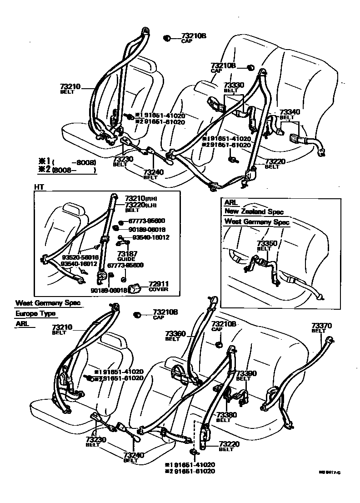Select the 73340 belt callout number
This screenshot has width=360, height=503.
pyautogui.click(x=289, y=111)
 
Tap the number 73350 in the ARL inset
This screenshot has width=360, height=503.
pyautogui.click(x=266, y=243)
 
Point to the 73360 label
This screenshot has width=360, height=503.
pyautogui.click(x=176, y=333)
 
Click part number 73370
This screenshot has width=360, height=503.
pyautogui.click(x=322, y=325)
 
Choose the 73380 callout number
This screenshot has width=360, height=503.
pyautogui.click(x=226, y=415)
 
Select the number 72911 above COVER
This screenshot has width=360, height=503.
pyautogui.click(x=159, y=283)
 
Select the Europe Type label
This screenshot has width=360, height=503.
pyautogui.click(x=35, y=313)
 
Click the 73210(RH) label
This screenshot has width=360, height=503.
pyautogui.click(x=141, y=198)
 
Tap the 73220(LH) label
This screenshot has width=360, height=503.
pyautogui.click(x=141, y=205)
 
